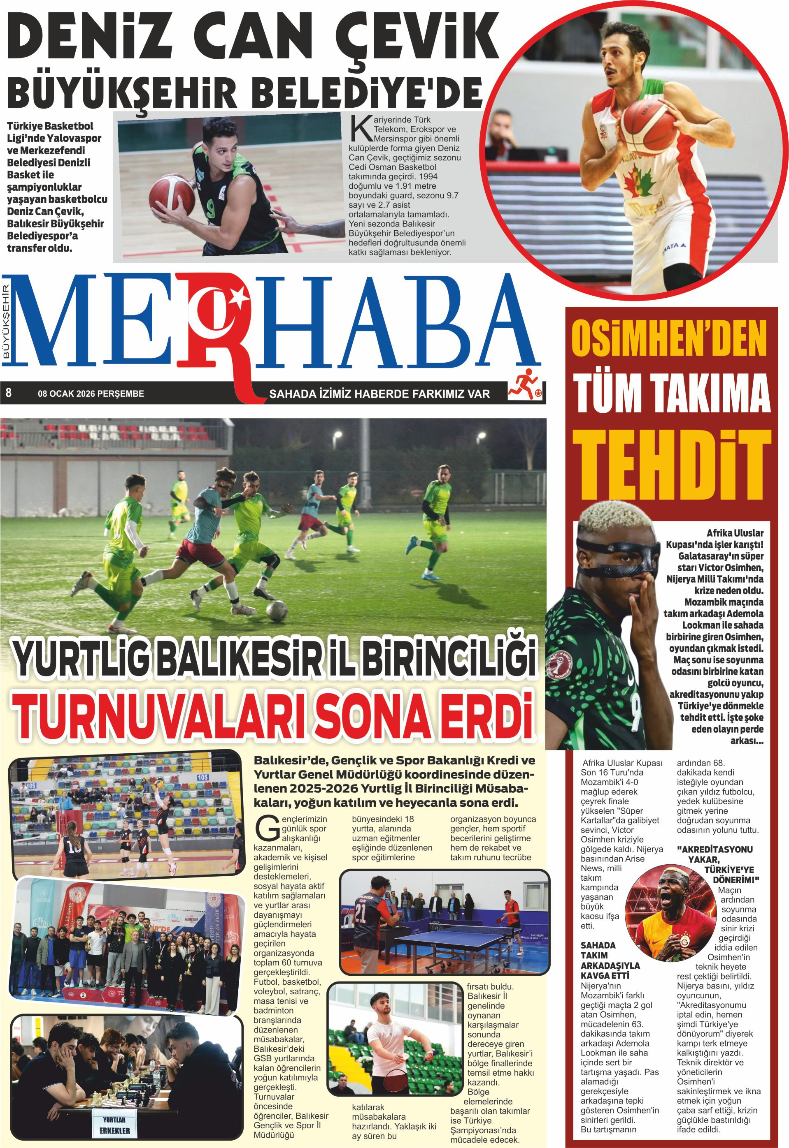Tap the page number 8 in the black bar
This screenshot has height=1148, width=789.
tap(8, 393)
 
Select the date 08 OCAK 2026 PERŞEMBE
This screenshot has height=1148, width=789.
tap(91, 393)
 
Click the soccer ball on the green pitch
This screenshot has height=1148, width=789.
tap(276, 611)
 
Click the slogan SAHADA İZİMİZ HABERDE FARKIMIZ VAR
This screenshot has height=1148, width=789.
tap(379, 393)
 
